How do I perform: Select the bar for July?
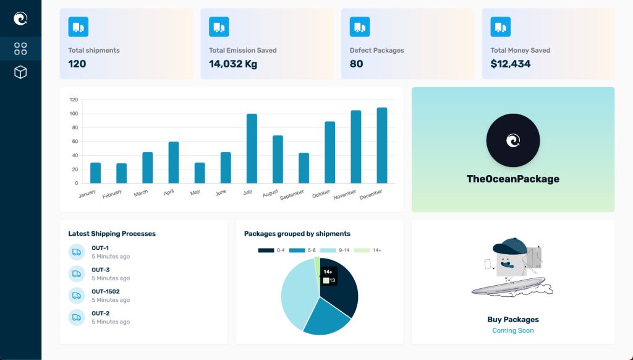point(252,148)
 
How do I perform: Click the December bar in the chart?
point(382,145)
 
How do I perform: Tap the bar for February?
point(121,173)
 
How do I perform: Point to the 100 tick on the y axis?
point(74,114)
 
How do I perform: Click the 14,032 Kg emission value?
point(233,64)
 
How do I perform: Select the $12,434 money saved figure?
point(511,64)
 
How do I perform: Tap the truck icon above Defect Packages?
point(360,27)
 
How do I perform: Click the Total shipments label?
point(94,51)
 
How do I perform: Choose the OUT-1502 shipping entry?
point(106,291)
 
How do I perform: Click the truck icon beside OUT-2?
point(77,317)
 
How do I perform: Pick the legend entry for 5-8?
point(305,251)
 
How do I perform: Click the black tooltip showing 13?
point(329,276)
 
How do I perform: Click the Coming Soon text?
point(512,330)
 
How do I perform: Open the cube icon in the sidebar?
point(20,72)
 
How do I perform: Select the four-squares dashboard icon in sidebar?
point(20,48)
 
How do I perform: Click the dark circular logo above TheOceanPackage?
point(512,140)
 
